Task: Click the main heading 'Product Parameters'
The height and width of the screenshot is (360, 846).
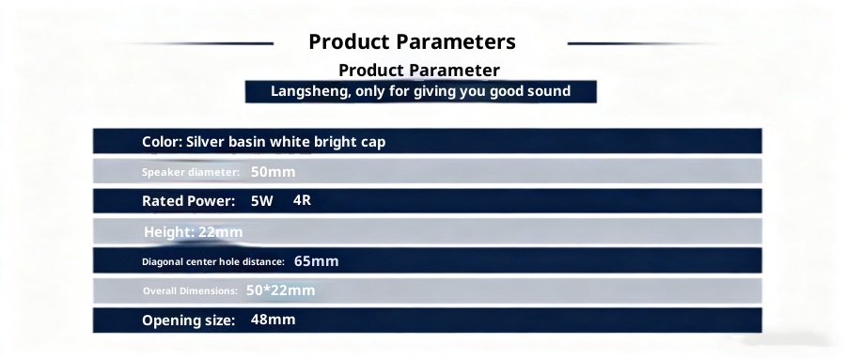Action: point(413,41)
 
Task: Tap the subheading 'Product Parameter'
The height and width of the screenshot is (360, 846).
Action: point(419,70)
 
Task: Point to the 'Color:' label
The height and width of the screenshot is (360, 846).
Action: point(162,142)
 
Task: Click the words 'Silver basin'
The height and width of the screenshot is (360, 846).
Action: point(226,142)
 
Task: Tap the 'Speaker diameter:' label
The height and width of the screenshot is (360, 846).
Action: point(191,173)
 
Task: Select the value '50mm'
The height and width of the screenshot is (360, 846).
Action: point(273,172)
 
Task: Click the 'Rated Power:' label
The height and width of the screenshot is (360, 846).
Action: point(188,201)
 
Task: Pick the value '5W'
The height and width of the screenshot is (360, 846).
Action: point(261,201)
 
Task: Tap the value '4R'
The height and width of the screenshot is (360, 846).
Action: point(302,200)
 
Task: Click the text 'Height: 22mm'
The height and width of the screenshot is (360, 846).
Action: point(193,232)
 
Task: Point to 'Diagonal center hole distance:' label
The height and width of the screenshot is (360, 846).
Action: point(213,261)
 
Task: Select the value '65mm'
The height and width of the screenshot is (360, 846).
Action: point(316,261)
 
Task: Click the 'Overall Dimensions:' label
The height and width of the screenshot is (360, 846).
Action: point(190,291)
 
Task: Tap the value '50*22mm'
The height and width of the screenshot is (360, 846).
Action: point(280,290)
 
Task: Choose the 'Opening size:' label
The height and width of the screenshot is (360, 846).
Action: point(188,321)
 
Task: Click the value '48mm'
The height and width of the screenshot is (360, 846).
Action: point(273,320)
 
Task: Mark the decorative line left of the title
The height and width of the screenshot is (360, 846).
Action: point(199,43)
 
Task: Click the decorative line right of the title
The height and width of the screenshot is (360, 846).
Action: point(642,43)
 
